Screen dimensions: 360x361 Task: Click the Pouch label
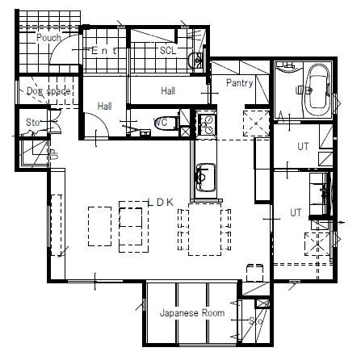[x=50, y=38]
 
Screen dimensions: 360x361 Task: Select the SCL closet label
[x=168, y=50]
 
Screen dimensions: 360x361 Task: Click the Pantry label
[x=240, y=82]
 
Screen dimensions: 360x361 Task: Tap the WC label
[x=162, y=123]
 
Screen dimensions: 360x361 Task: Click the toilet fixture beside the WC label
[x=184, y=123]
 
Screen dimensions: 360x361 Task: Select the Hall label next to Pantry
[x=168, y=91]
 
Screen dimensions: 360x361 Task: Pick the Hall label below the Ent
[x=104, y=106]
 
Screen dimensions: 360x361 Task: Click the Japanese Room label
[x=191, y=312]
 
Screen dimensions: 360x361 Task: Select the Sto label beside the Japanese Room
[x=256, y=320]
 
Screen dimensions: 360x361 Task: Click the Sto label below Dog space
[x=32, y=123]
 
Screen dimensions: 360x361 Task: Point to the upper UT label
[x=303, y=147]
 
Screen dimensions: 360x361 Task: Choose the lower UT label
[x=296, y=212]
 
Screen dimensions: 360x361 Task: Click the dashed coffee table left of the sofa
[x=99, y=226]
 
